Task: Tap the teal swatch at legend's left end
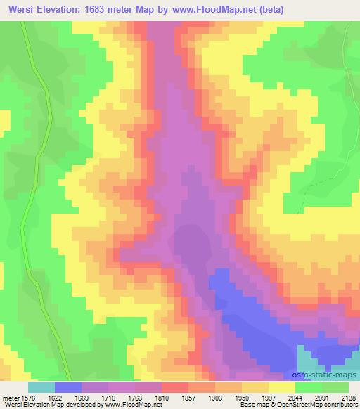(x=41, y=387)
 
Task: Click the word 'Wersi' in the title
(x=20, y=9)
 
